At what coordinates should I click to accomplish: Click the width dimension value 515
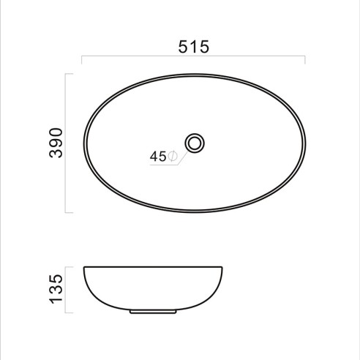(x=193, y=46)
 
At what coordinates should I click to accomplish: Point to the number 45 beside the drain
(x=158, y=156)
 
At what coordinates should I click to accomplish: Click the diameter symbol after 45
(x=172, y=156)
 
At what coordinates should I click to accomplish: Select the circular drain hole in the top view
(x=194, y=142)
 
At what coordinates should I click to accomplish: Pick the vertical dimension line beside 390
(x=67, y=143)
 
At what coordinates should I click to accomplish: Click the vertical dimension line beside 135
(x=67, y=289)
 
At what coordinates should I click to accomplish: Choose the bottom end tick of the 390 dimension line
(x=69, y=212)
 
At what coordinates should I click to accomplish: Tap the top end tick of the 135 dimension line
(x=69, y=266)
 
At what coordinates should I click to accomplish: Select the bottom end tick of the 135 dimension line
(x=69, y=312)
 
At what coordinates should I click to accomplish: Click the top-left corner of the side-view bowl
(x=84, y=266)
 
